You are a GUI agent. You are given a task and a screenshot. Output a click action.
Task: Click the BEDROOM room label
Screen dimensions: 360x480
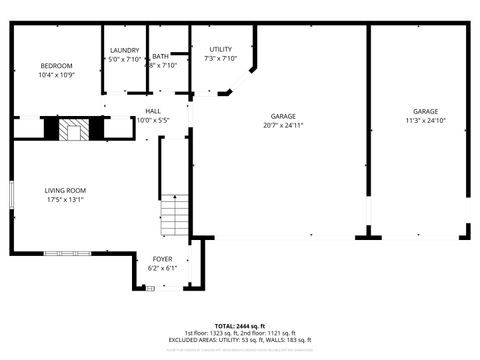[x=57, y=66]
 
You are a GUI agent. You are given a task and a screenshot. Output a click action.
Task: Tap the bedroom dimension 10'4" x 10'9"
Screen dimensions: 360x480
[x=57, y=75]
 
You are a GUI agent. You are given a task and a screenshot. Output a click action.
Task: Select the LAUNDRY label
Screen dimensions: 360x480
[x=125, y=50]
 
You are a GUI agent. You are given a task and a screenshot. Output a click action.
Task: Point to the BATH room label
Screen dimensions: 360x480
[x=160, y=56]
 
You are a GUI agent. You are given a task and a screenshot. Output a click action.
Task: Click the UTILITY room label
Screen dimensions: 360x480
[x=220, y=49]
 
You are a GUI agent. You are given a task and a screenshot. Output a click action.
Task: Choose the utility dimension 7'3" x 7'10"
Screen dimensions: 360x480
[x=220, y=58]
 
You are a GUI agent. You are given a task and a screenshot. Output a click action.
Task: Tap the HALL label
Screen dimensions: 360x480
[x=153, y=111]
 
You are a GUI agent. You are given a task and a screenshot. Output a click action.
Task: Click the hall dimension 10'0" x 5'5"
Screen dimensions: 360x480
[x=153, y=120]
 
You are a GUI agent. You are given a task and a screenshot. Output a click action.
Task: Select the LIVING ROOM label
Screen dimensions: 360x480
[x=64, y=190]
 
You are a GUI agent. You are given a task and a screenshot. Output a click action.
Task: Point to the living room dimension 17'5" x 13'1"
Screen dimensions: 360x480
[x=64, y=199]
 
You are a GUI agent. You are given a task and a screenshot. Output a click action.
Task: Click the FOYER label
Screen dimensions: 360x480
[x=162, y=259]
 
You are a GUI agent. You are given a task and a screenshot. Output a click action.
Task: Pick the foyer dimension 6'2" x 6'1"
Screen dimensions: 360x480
[x=162, y=268]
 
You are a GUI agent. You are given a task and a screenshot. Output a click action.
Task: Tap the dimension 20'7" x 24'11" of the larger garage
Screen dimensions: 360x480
[x=283, y=125]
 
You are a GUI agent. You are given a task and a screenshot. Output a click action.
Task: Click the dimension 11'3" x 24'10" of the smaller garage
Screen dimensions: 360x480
[x=425, y=120]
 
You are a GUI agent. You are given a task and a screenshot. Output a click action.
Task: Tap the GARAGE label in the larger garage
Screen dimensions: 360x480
[x=283, y=116]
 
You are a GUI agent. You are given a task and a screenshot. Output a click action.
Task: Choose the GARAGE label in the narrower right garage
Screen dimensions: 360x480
[x=425, y=111]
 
